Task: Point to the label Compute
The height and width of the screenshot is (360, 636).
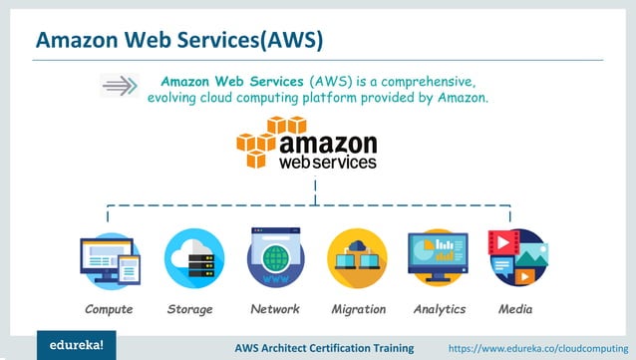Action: (109, 309)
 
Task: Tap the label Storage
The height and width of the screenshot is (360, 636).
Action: (190, 309)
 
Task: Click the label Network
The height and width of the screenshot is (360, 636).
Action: (275, 309)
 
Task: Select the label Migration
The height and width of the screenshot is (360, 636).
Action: (358, 309)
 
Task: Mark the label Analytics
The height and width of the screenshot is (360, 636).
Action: (440, 309)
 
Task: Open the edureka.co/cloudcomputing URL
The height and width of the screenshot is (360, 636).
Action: (538, 347)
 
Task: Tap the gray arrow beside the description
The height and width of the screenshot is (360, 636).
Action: (120, 86)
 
